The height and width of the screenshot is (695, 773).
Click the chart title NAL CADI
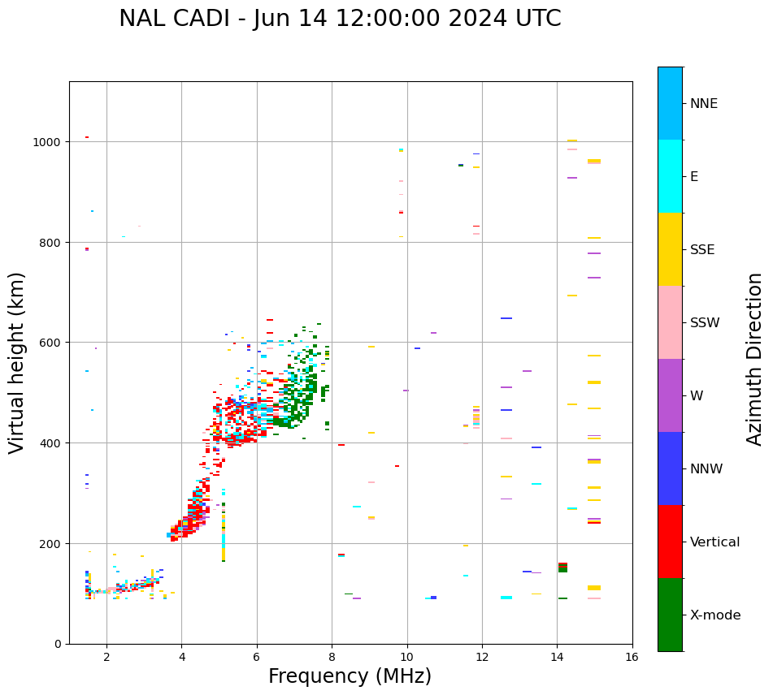(340, 19)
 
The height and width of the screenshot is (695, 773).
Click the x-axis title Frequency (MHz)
(350, 676)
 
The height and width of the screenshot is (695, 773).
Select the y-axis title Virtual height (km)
(17, 362)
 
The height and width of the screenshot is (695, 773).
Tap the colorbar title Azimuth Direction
(755, 359)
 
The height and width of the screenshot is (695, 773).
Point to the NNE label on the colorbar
(704, 103)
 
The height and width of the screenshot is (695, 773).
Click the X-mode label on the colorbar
(715, 615)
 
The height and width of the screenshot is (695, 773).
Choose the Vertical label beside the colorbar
(715, 542)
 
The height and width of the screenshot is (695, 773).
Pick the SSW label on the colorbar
(705, 322)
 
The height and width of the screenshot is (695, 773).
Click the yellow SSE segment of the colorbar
(670, 249)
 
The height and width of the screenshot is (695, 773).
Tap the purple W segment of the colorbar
(670, 395)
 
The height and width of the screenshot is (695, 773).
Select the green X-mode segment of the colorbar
(670, 615)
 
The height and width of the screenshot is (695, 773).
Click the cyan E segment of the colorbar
(670, 176)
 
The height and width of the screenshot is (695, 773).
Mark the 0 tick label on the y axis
(58, 644)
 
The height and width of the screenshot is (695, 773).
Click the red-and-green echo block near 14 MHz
(562, 567)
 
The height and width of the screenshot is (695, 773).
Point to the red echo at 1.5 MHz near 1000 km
(87, 137)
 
